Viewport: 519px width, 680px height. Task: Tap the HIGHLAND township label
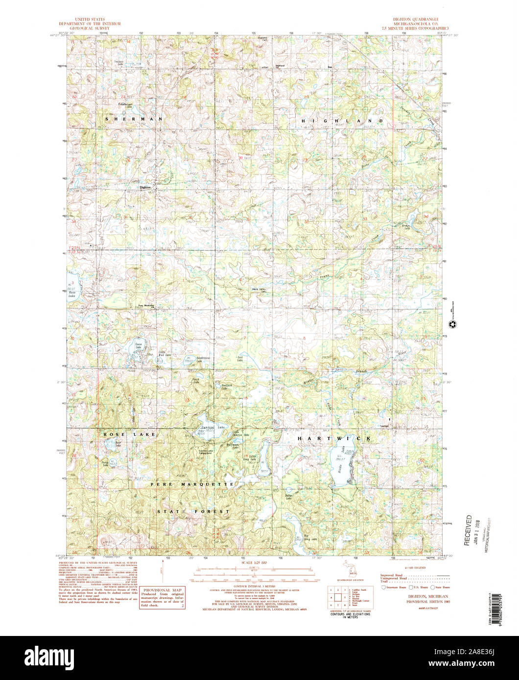click(x=342, y=120)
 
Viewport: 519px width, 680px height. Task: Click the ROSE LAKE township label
click(x=129, y=434)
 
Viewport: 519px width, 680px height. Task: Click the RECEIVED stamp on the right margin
click(x=469, y=530)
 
